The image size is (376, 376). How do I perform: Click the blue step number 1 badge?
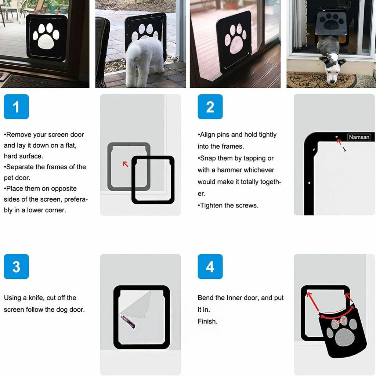click(x=16, y=107)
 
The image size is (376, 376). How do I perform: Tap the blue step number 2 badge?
click(x=210, y=107)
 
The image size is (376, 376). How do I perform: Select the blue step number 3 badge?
click(x=16, y=267)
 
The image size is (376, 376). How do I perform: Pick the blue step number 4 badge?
click(x=210, y=267)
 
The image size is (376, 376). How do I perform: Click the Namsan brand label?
click(x=359, y=137)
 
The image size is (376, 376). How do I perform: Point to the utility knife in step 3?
click(x=127, y=321)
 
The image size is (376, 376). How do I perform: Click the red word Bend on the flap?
click(x=340, y=322)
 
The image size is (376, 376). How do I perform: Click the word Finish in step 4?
click(x=207, y=321)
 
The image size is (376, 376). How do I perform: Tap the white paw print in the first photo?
click(x=46, y=37)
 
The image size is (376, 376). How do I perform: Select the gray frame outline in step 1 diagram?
click(x=110, y=167)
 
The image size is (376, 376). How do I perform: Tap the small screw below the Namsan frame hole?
click(x=344, y=149)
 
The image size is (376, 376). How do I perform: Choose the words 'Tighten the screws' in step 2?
click(x=229, y=205)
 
